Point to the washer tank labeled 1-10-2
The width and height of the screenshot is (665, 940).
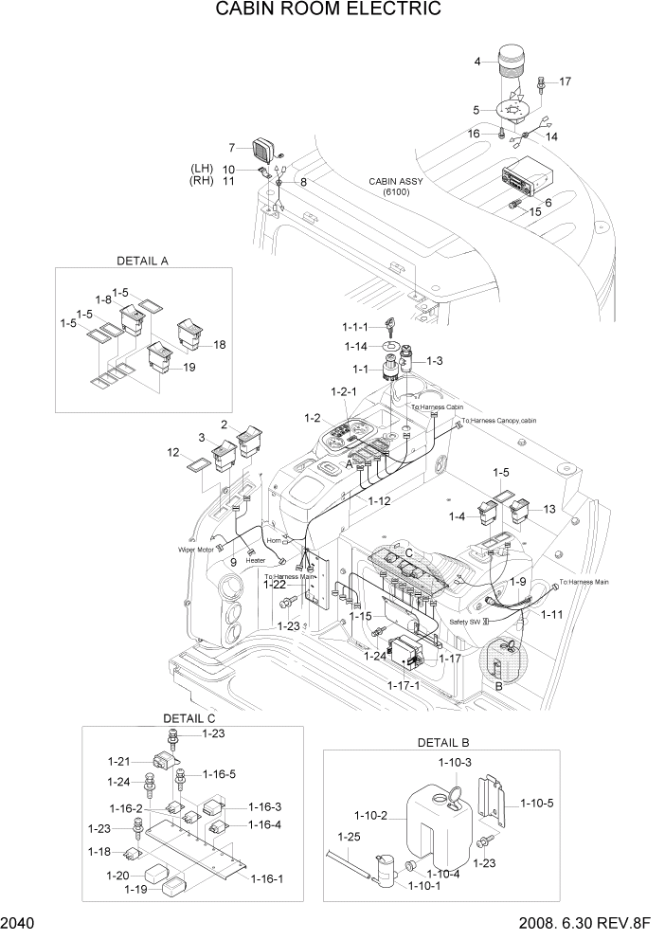point(426,826)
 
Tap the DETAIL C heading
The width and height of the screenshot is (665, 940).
point(190,718)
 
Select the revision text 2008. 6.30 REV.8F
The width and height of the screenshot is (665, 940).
point(585,924)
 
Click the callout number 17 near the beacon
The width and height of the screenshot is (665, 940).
point(566,82)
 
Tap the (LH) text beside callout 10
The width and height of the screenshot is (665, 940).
point(202,169)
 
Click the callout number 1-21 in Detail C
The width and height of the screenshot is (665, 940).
point(118,761)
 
